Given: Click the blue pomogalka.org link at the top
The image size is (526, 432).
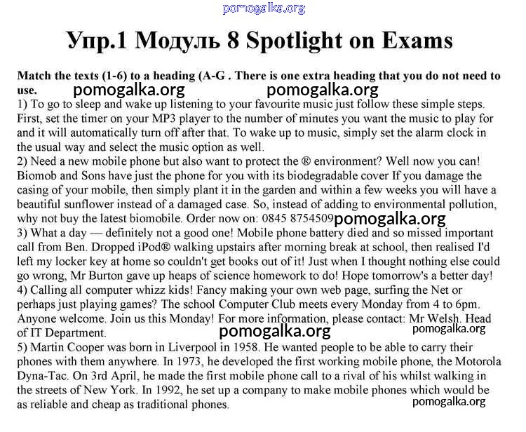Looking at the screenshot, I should (x=264, y=8).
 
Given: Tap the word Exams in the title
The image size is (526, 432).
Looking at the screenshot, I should (x=417, y=40).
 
